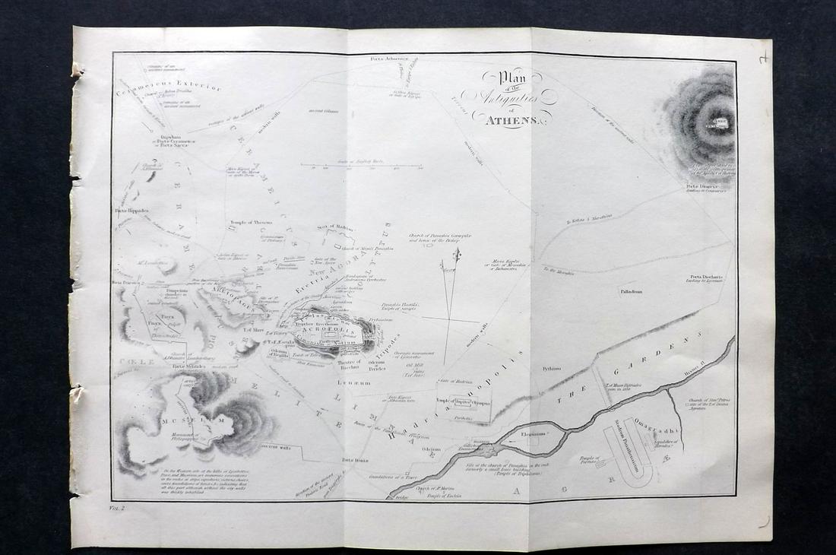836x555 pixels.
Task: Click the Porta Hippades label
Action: pos(131,210)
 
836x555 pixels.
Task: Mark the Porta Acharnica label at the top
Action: pos(389,59)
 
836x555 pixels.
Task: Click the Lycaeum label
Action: pos(353,383)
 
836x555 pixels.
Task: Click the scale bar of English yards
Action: pos(361,165)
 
